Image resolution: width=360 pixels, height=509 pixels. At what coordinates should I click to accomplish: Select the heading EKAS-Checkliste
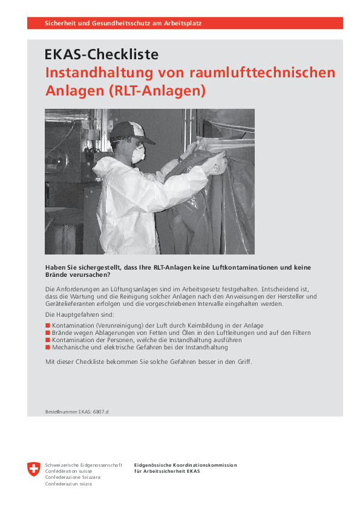pyautogui.click(x=102, y=55)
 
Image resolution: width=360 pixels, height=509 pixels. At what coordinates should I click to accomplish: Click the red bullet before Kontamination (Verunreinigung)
pyautogui.click(x=48, y=326)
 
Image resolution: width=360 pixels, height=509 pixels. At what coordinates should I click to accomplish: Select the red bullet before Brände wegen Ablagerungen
pyautogui.click(x=48, y=333)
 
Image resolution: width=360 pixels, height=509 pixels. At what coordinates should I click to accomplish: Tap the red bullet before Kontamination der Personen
pyautogui.click(x=48, y=340)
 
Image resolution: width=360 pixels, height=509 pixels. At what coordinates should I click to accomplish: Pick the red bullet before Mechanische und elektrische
pyautogui.click(x=48, y=348)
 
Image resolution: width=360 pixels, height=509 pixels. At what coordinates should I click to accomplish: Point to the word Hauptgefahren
pyautogui.click(x=79, y=315)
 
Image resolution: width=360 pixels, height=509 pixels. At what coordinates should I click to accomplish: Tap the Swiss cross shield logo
pyautogui.click(x=34, y=469)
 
